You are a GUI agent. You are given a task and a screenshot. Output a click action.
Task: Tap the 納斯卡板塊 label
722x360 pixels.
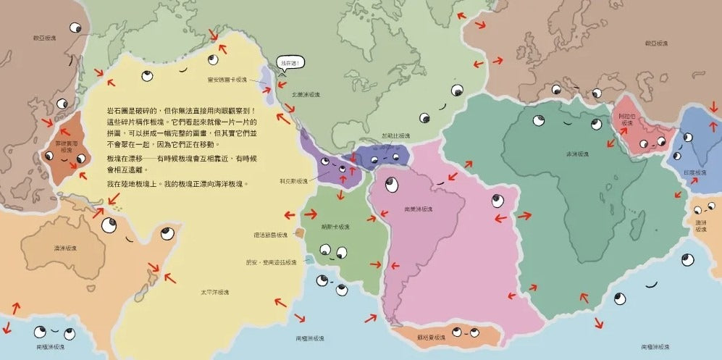click(x=336, y=227)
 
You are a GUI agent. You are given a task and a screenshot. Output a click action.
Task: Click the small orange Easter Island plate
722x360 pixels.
click(x=300, y=233)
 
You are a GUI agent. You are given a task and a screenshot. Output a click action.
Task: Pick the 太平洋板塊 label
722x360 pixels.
click(x=215, y=292)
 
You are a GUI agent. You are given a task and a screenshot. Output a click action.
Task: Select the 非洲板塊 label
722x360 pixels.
click(x=577, y=154)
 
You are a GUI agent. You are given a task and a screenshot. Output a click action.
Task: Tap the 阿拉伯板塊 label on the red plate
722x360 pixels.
click(x=626, y=120)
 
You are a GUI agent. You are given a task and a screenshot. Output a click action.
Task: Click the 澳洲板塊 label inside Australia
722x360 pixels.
click(x=67, y=248)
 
